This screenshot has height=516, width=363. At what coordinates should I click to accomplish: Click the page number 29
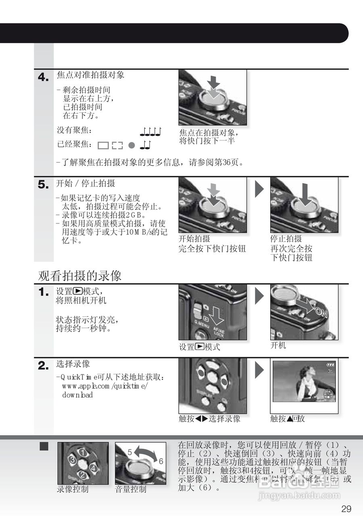point(346,508)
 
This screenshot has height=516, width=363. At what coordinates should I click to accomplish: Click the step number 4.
point(43,77)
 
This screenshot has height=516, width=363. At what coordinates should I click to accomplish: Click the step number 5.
point(43,185)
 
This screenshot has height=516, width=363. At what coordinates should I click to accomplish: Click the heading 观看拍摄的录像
point(79,276)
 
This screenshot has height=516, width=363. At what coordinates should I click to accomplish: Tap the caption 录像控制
point(72,489)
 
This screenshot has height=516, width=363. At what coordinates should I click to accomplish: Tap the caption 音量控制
point(131,489)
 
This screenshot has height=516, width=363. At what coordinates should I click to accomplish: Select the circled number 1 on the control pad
point(83,452)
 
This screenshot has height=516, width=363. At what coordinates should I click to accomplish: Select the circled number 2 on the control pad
point(83,475)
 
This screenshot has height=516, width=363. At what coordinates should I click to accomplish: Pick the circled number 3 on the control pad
point(72,460)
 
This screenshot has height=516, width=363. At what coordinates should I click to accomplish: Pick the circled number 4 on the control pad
point(94,468)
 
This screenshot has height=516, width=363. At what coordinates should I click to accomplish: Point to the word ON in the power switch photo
point(322,312)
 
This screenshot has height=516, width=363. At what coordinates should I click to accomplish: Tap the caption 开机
point(278,345)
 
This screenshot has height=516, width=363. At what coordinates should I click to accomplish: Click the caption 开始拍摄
point(194,239)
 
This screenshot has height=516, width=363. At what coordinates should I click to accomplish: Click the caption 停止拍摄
point(286,239)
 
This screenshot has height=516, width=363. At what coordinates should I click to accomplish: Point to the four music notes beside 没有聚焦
point(151,131)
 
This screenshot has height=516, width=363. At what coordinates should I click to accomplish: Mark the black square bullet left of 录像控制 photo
point(44,446)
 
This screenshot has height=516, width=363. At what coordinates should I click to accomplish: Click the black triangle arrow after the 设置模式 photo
point(259,296)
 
